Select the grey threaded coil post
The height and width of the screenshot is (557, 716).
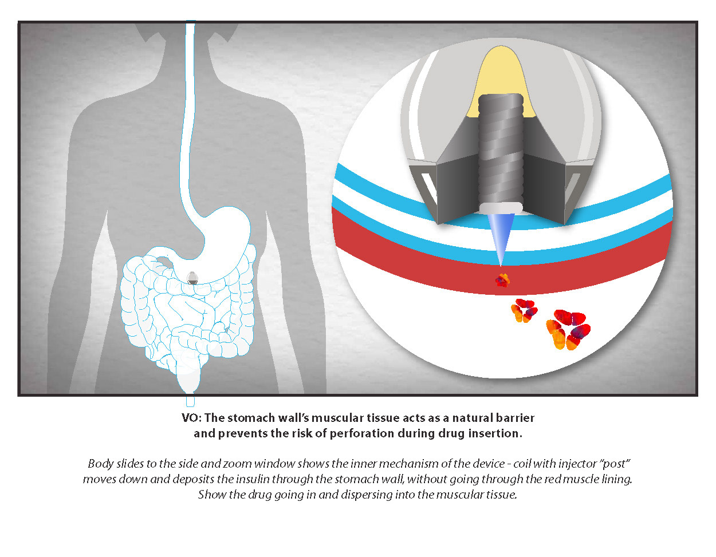point(501,149)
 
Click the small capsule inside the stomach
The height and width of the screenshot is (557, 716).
point(193,278)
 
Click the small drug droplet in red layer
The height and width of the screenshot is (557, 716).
point(502,280)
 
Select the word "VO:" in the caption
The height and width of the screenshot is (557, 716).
point(191,418)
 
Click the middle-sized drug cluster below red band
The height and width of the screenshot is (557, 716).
point(524,310)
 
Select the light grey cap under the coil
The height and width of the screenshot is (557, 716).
point(501,207)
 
